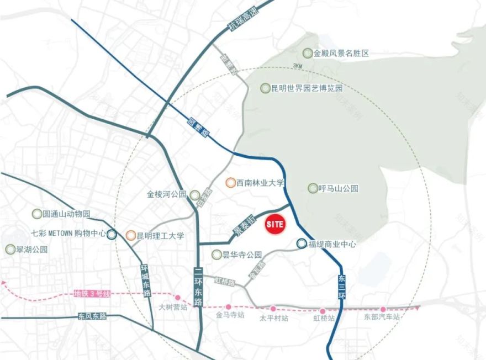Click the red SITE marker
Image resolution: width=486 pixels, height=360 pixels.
pos(274,225)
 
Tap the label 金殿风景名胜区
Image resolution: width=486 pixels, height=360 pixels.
pos(341,54)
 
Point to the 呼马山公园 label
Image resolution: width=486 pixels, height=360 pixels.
pos(339,188)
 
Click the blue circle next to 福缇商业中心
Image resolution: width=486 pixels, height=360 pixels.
pos(301,243)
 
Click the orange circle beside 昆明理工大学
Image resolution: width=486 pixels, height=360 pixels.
pos(130,236)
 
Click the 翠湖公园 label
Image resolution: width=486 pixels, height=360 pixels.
pos(33,249)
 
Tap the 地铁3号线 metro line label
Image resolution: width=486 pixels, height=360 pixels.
pos(92,294)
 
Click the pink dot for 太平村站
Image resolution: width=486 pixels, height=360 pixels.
pos(273,309)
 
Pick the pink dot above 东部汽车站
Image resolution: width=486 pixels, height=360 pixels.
pos(383,309)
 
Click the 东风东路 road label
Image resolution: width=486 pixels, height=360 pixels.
pos(92,317)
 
